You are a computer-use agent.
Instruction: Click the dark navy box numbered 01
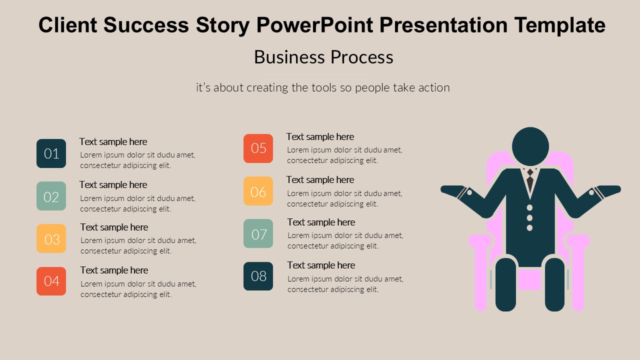(51, 153)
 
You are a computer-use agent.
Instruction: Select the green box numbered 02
(51, 196)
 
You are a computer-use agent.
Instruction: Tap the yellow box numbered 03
(51, 238)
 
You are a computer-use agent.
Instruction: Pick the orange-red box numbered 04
(51, 281)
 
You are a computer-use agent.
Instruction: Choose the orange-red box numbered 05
(258, 148)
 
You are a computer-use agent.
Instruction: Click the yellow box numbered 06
(258, 191)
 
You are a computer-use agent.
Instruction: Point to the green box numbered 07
(258, 233)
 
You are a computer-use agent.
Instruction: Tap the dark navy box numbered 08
(258, 276)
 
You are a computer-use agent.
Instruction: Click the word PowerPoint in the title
(315, 25)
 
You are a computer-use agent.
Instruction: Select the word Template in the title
(559, 25)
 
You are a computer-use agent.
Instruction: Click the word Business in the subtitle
(289, 57)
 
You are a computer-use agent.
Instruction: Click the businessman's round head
(530, 146)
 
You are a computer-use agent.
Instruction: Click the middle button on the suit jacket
(529, 217)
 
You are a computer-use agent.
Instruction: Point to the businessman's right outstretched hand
(609, 190)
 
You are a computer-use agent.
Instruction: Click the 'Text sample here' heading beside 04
(114, 270)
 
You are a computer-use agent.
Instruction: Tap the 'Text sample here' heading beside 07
(321, 222)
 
